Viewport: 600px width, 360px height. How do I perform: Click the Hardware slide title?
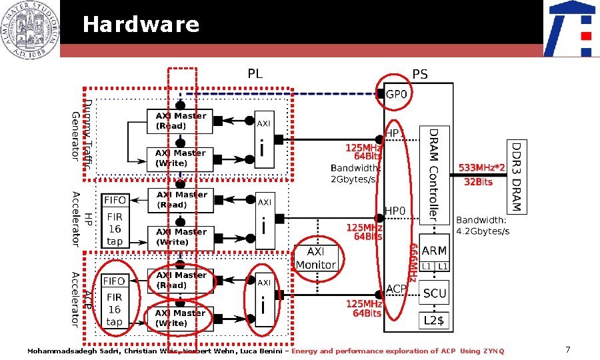[x=141, y=25]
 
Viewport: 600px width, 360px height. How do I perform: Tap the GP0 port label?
[x=397, y=95]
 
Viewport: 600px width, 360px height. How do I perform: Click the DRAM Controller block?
[x=433, y=174]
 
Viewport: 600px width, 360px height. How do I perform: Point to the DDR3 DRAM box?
[x=517, y=177]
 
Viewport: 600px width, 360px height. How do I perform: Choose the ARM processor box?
[x=435, y=251]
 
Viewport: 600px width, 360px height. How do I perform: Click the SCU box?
[x=435, y=293]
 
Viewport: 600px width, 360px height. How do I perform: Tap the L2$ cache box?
[x=435, y=321]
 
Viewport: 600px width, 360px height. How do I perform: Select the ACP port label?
[x=396, y=289]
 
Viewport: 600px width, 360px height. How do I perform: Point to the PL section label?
[x=255, y=73]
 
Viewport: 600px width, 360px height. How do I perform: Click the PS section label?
[x=420, y=73]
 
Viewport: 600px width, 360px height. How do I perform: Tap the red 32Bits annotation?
[x=479, y=181]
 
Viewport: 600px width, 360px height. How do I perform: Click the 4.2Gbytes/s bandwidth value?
[x=483, y=231]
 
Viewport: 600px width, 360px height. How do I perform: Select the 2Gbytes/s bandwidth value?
[x=356, y=179]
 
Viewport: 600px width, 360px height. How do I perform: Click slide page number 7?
[x=567, y=349]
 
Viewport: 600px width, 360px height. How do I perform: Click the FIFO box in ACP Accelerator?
[x=114, y=281]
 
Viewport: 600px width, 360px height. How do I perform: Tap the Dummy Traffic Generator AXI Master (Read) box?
[x=180, y=121]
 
